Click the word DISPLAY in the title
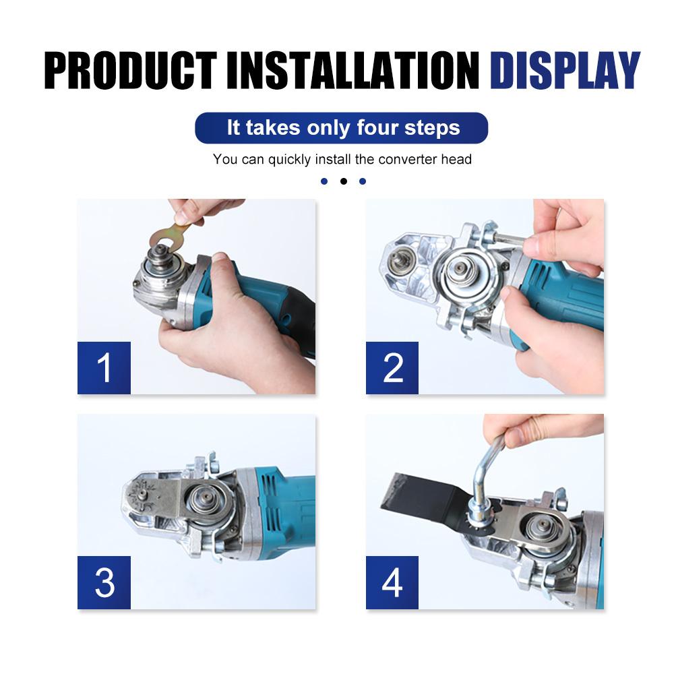pos(564,69)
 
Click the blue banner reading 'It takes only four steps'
pos(342,128)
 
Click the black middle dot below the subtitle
pos(343,181)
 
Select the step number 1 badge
pos(104,368)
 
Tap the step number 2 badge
pos(392,368)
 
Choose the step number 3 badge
pos(104,582)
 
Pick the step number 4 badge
pos(392,582)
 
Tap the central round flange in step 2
pos(462,268)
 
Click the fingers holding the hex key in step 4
pos(539,429)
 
